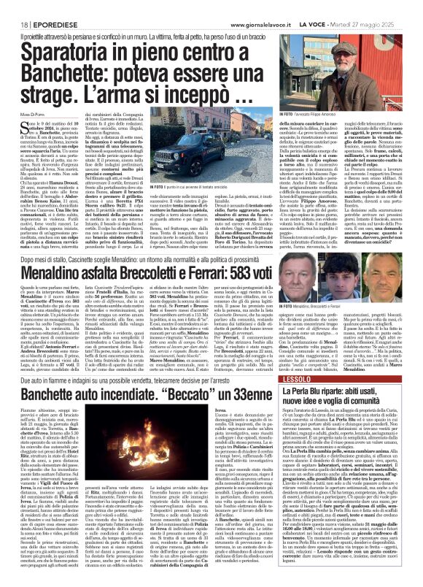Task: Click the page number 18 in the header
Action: tap(15, 6)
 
